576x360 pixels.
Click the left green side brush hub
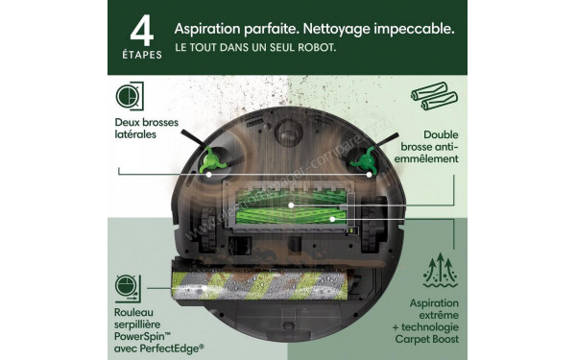(210, 160)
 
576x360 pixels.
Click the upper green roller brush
(290, 204)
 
